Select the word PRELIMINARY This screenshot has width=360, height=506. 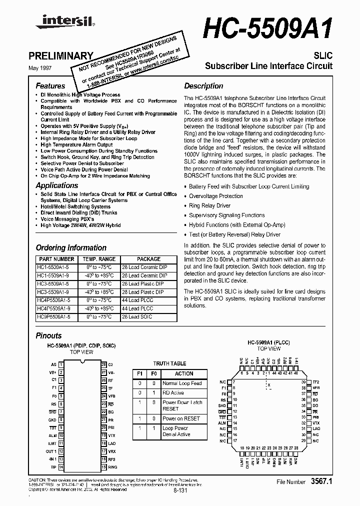click(x=64, y=56)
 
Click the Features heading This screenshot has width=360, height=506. click(x=50, y=86)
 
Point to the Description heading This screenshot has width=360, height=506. click(x=203, y=86)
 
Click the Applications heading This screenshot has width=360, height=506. click(x=57, y=185)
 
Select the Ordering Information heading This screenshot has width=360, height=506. click(x=71, y=247)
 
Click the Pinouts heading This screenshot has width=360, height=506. click(x=48, y=335)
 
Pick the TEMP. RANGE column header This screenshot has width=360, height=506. click(x=98, y=259)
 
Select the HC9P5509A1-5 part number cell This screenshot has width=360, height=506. click(x=56, y=316)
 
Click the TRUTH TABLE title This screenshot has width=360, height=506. click(x=169, y=363)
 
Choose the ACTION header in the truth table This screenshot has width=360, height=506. click(x=184, y=373)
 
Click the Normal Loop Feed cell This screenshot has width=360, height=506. click(x=182, y=383)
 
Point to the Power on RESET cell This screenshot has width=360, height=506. click(x=181, y=418)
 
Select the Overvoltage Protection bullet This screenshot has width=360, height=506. click(x=216, y=196)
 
